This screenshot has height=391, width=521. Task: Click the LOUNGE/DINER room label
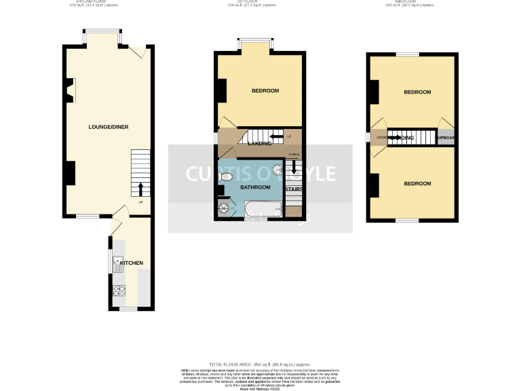(x=109, y=127)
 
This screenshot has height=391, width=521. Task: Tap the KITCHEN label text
(x=131, y=263)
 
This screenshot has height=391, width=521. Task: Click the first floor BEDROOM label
(x=265, y=91)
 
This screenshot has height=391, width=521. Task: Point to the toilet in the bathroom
(x=227, y=177)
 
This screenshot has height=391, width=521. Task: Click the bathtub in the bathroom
(x=260, y=210)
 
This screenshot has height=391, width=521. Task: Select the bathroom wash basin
(x=277, y=171)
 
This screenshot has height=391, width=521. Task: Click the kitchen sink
(x=117, y=263)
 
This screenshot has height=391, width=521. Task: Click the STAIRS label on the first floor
(x=294, y=190)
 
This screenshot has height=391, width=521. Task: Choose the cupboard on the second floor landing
(x=445, y=138)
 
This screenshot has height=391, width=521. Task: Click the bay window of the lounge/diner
(x=103, y=32)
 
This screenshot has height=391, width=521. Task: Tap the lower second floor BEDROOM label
(x=417, y=184)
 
